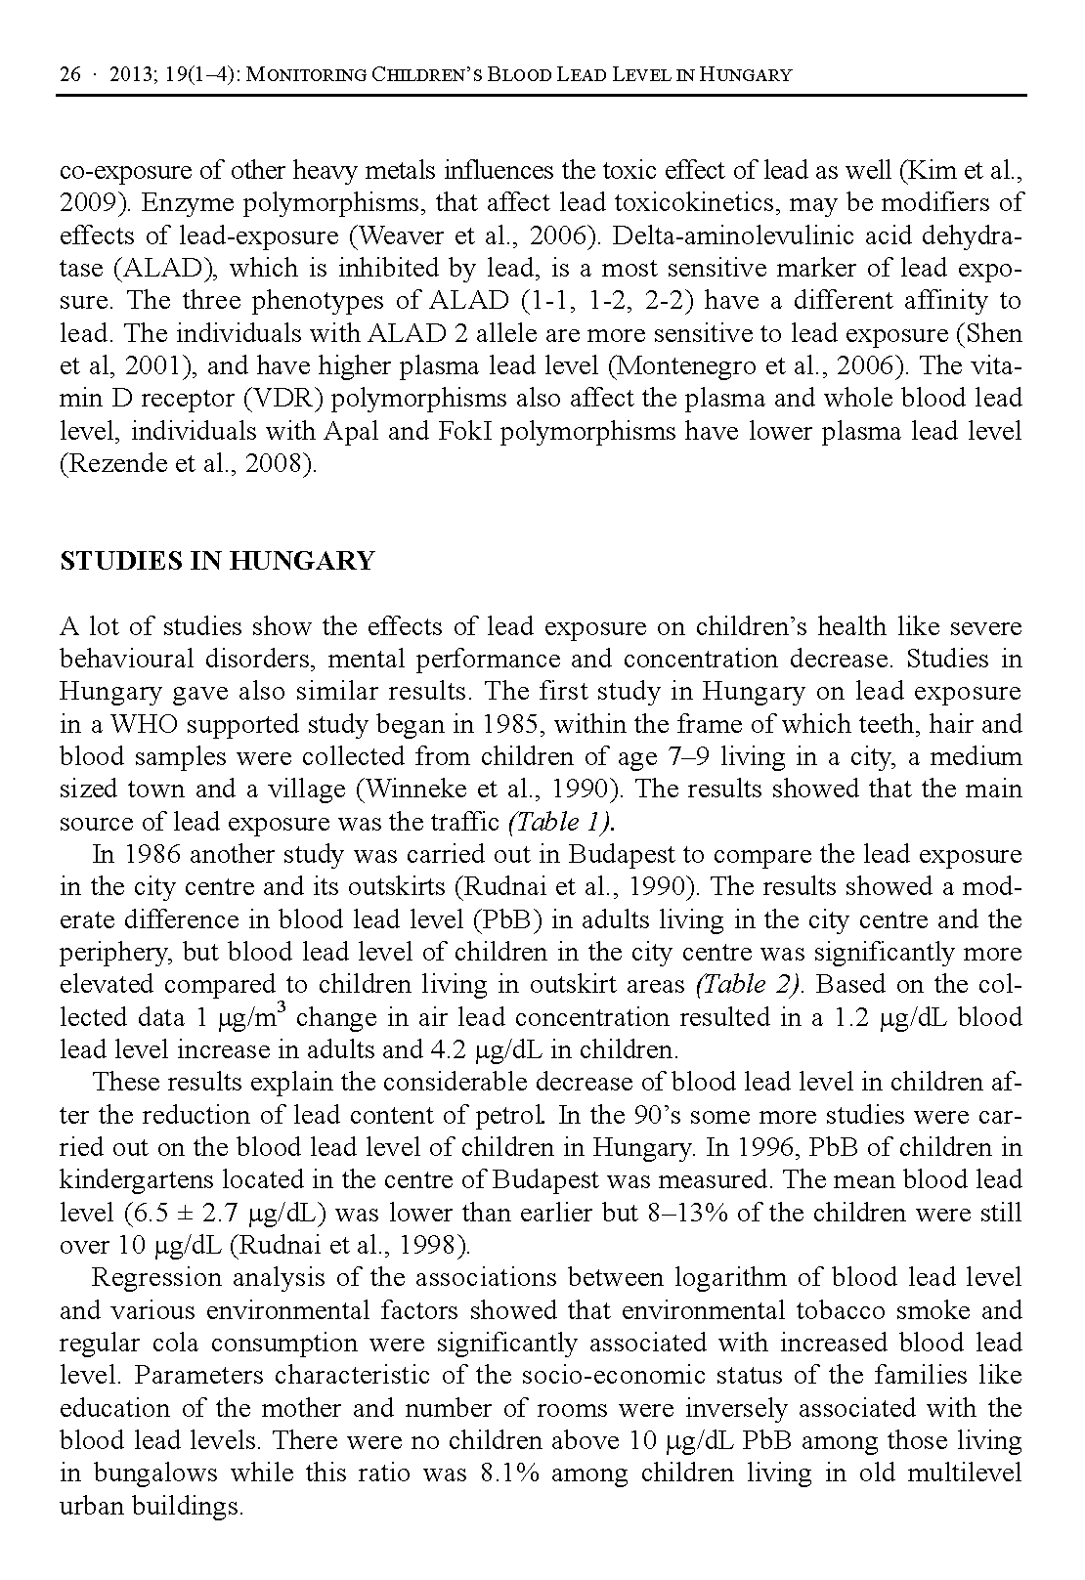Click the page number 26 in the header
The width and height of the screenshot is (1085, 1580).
pos(70,75)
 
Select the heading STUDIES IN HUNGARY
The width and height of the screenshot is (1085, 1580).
pos(217,561)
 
